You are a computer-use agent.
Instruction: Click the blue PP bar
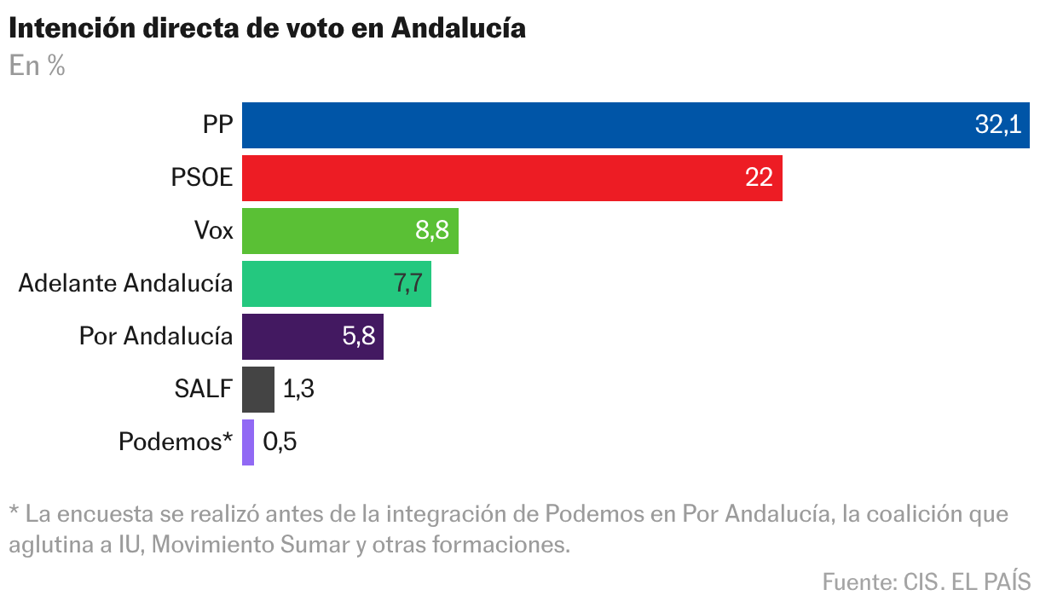[597, 125]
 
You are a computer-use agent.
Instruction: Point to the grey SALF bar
[258, 390]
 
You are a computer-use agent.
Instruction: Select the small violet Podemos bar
[248, 442]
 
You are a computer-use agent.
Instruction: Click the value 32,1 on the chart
[997, 125]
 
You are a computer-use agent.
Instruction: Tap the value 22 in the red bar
[758, 178]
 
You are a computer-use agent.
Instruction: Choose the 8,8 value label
[431, 231]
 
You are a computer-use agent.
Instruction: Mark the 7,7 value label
[407, 284]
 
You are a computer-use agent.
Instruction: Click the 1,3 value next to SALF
[298, 390]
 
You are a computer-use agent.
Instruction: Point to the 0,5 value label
[280, 442]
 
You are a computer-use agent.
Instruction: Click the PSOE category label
[201, 178]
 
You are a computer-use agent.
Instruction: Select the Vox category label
[213, 231]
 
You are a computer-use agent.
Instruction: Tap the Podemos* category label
[176, 442]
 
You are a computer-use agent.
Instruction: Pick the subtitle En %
[37, 66]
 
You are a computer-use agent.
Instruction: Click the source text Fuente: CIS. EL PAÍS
[926, 582]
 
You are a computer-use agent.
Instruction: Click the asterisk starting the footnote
[14, 512]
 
